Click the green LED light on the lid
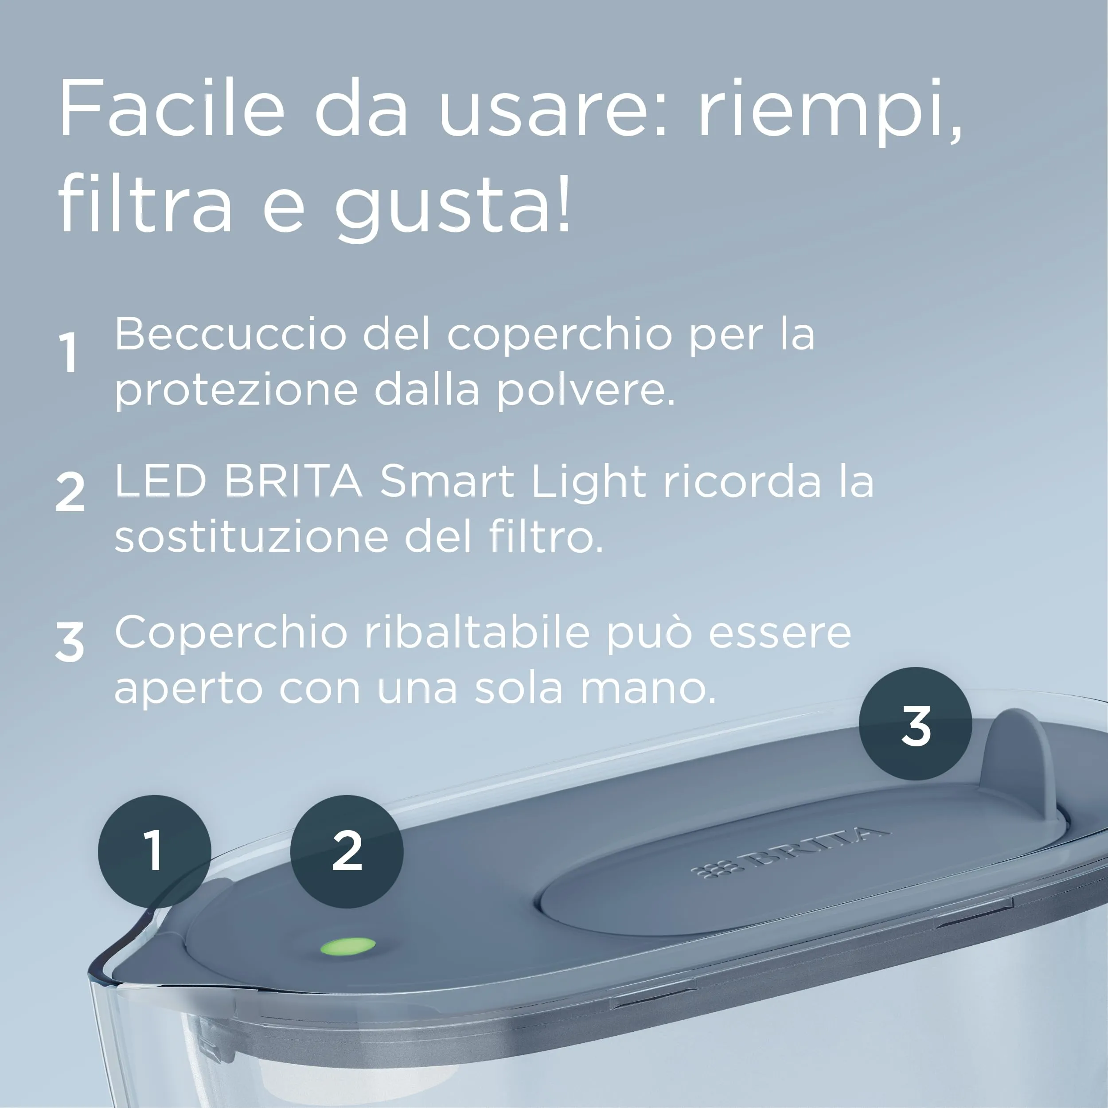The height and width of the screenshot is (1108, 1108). (347, 946)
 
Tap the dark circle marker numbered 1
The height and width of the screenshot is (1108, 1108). (154, 851)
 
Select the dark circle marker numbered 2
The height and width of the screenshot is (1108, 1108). (347, 851)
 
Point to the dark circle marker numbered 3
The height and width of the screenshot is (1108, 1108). (915, 723)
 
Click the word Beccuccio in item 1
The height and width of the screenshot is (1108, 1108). (230, 334)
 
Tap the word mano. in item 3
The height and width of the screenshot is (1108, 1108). (648, 688)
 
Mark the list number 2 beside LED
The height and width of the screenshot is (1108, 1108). (70, 492)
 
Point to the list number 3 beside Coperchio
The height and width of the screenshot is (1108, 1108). (70, 642)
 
